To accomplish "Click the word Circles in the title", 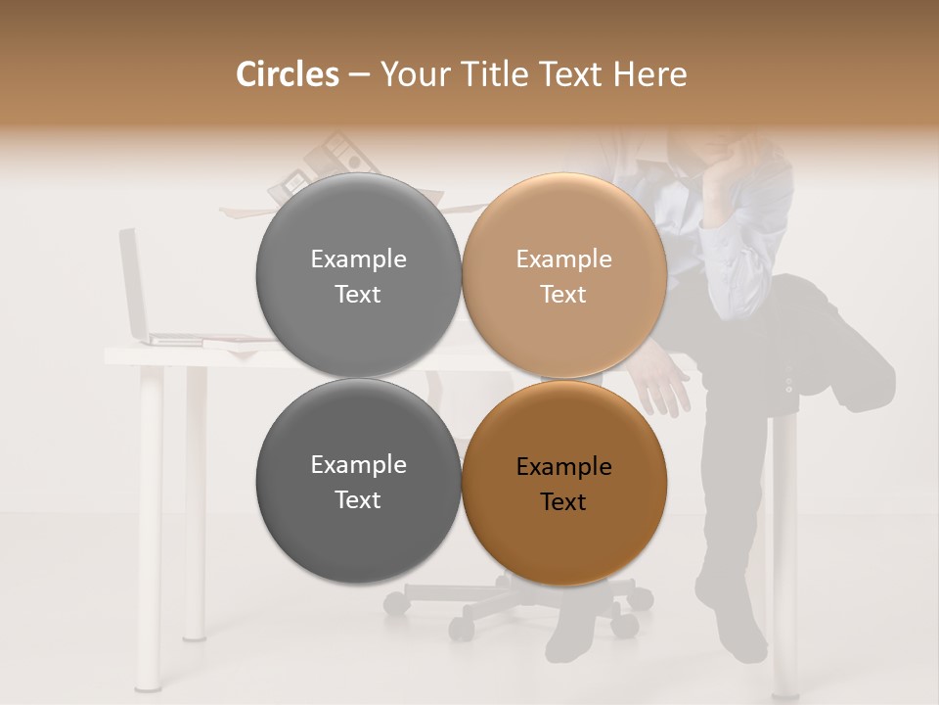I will pos(288,74).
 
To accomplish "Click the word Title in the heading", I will pos(497,74).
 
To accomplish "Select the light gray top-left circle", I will pos(358,275).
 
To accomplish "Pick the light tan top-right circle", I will pos(563,275).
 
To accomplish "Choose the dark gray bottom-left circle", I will pos(358,481).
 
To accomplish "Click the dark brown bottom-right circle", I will pos(563,483).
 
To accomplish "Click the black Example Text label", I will pos(563,484).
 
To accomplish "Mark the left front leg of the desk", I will pos(150,529).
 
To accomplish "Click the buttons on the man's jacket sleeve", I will pos(788,381).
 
